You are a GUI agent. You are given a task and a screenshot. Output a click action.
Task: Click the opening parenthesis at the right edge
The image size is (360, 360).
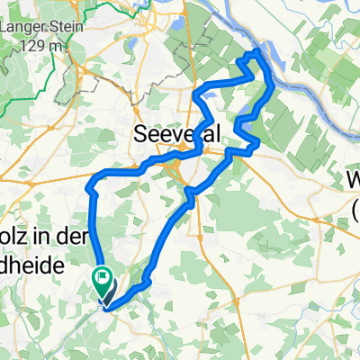[x=356, y=211]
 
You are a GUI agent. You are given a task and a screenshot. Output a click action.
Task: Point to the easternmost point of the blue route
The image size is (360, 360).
[x=273, y=91]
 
